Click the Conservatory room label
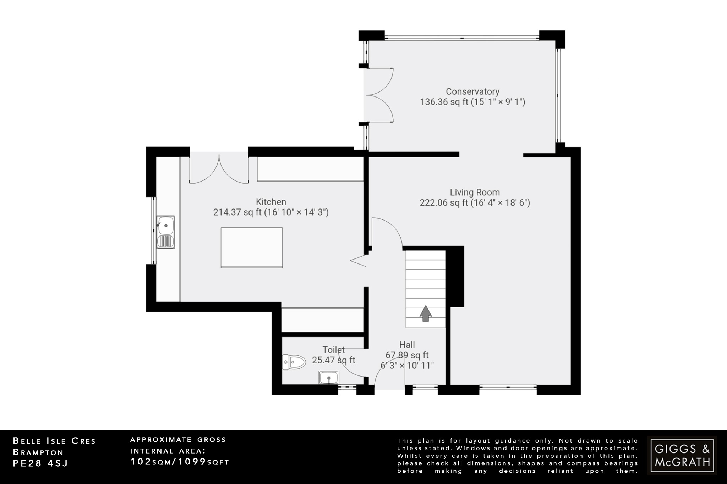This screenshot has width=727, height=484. [472, 91]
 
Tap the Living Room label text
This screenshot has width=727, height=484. [475, 193]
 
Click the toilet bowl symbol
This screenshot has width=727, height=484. [295, 362]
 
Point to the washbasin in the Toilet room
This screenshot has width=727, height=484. [329, 378]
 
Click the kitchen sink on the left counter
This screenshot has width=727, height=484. [166, 232]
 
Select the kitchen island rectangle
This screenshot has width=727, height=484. [252, 247]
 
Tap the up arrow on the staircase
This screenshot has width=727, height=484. [425, 314]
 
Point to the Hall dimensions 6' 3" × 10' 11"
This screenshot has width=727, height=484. [407, 366]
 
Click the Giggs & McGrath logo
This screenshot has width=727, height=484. [682, 455]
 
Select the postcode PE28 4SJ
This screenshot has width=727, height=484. [40, 463]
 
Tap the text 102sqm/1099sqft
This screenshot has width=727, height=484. [180, 462]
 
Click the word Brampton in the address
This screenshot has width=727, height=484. [38, 452]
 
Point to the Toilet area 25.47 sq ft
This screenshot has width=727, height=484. [333, 360]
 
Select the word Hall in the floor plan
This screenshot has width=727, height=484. [407, 345]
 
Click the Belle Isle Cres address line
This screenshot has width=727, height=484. [54, 441]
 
